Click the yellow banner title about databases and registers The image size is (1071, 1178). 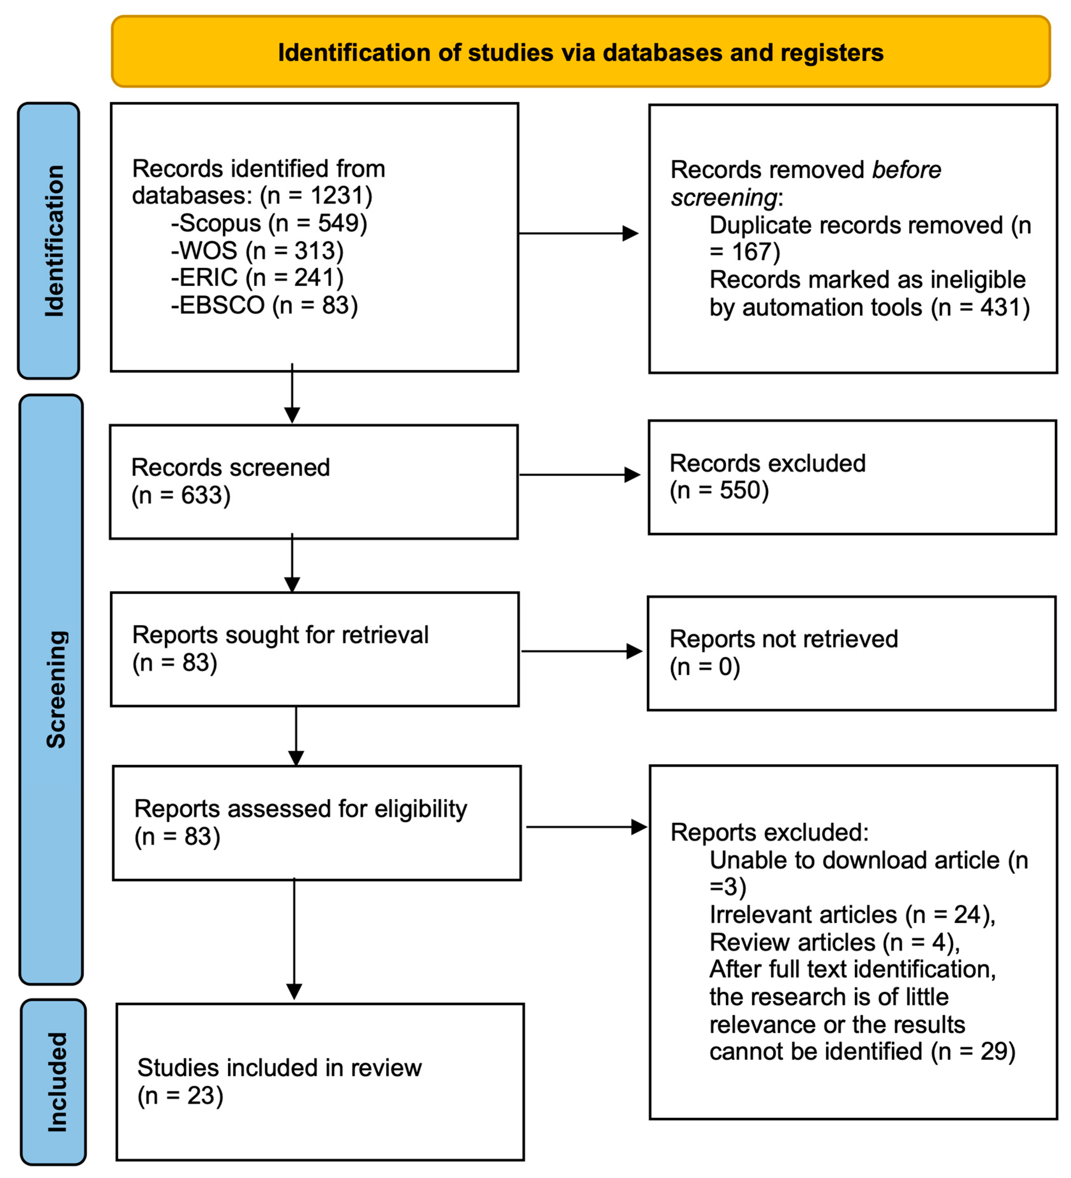pos(580,53)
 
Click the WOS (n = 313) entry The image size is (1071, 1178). pos(258,251)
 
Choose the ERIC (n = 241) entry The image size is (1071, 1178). pos(258,278)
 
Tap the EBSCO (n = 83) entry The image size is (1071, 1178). pos(265,305)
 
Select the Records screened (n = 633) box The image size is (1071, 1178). pos(314,481)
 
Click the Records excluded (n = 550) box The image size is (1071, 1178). pos(852,477)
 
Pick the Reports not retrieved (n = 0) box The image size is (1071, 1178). pos(851,653)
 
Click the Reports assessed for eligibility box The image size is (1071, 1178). pos(317,823)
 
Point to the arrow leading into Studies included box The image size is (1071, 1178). pos(294,941)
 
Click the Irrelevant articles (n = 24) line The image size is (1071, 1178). pos(852,914)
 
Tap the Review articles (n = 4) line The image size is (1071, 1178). pos(834,942)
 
